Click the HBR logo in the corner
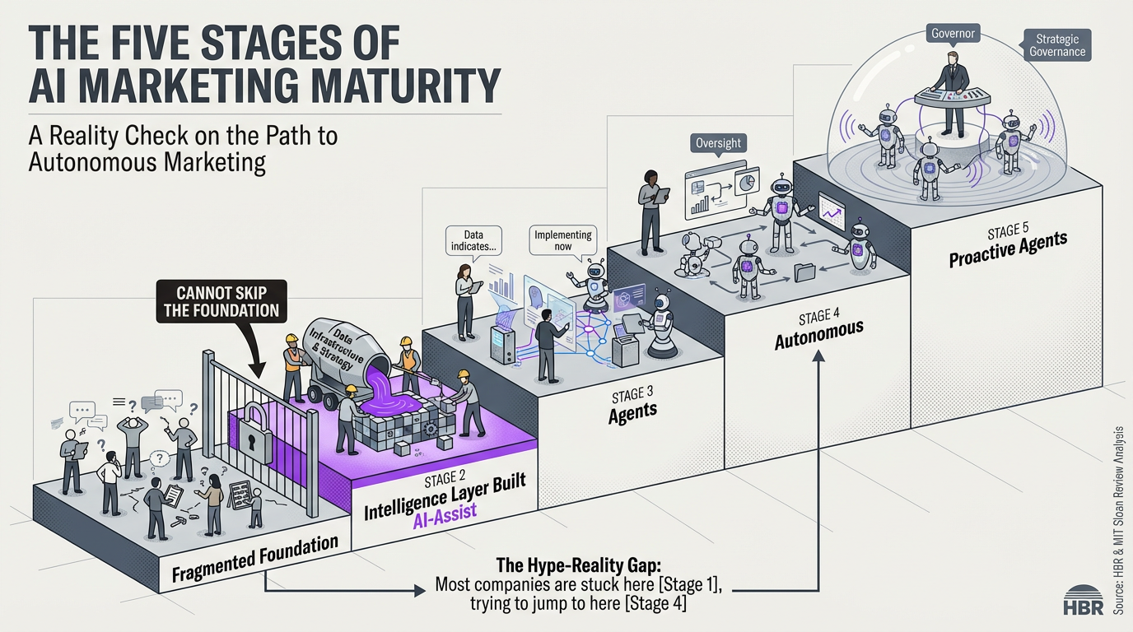click(1083, 601)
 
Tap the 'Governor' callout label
click(952, 34)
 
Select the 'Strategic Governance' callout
click(1057, 45)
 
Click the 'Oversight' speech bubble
click(718, 143)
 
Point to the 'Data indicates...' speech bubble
click(473, 239)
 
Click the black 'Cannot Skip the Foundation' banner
click(221, 301)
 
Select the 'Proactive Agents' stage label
click(1008, 249)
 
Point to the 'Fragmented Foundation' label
click(255, 560)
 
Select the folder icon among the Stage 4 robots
click(804, 272)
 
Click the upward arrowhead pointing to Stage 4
click(819, 356)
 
